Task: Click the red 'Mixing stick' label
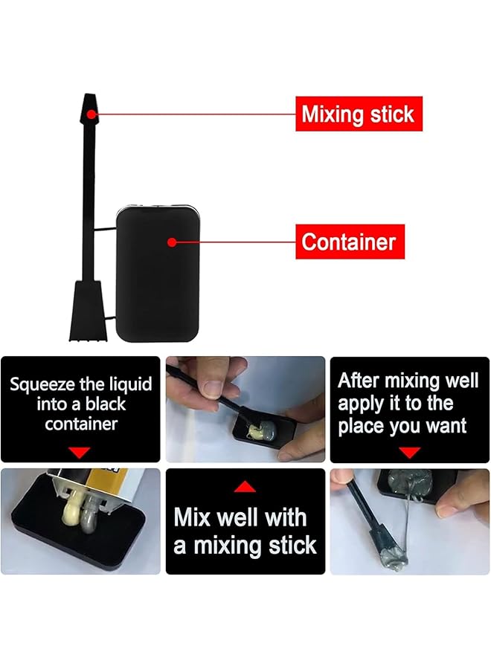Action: [x=358, y=114]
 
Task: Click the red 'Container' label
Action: [x=349, y=242]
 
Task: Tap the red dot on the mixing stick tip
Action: [x=90, y=114]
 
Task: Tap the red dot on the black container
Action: [x=172, y=242]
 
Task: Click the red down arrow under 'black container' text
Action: [x=80, y=452]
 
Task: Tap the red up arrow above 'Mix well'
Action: [x=245, y=487]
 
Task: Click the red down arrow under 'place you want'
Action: [x=409, y=452]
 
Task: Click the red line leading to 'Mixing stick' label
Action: [x=193, y=114]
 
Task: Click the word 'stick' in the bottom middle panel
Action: [x=286, y=546]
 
